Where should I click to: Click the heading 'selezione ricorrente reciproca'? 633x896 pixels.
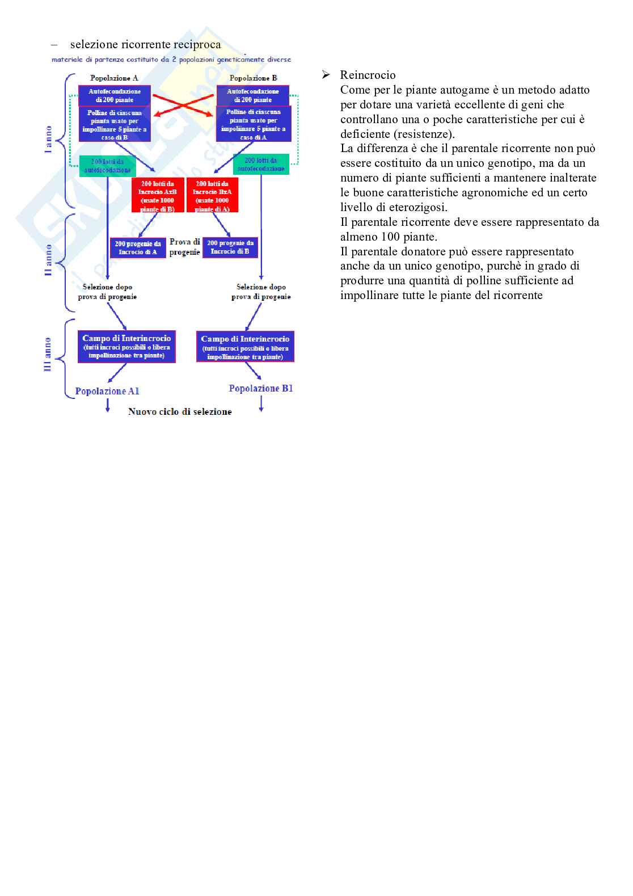pos(145,44)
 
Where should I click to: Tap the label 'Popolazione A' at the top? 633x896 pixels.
pos(114,78)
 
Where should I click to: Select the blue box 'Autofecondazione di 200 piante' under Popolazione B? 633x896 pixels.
pos(253,95)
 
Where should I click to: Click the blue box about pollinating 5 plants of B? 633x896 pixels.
pos(115,125)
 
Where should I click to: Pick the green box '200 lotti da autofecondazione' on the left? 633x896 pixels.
pos(108,166)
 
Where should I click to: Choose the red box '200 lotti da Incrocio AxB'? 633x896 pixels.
pos(158,196)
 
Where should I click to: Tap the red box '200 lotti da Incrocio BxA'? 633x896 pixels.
pos(212,196)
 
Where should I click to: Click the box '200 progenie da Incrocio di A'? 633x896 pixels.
pos(138,247)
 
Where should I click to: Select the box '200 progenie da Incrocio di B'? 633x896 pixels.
pos(230,247)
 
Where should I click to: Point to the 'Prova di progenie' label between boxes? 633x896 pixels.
pos(184,247)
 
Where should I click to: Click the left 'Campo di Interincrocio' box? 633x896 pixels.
pos(126,347)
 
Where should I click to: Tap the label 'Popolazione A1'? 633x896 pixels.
pos(107,391)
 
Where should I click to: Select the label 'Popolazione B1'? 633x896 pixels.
pos(261,388)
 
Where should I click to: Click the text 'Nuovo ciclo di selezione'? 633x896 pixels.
pos(180,411)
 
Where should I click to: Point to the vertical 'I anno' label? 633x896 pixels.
pos(49,139)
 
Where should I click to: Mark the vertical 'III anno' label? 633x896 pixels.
pos(48,355)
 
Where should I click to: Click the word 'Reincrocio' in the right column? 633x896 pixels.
pos(368,75)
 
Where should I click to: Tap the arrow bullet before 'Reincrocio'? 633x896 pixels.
pos(326,75)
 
